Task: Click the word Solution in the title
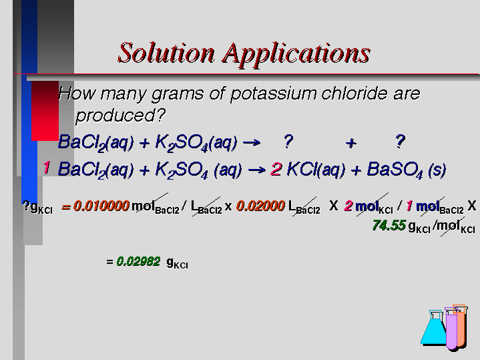166,53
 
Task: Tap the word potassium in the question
273,94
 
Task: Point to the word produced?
120,116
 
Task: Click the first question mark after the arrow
288,142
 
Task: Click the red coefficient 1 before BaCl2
47,168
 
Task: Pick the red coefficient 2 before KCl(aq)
276,169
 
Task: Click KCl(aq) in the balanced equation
316,170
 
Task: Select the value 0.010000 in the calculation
101,206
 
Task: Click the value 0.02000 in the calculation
260,206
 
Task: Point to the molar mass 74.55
389,226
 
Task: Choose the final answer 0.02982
138,262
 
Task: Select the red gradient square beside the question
45,111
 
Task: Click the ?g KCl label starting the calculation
37,207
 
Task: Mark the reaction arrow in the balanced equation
257,170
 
